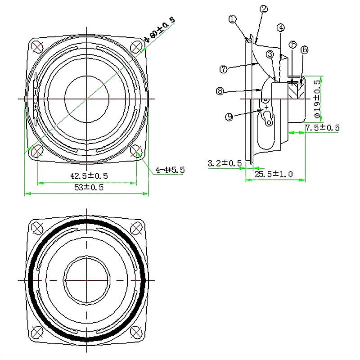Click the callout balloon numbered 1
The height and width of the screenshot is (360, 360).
(x=233, y=19)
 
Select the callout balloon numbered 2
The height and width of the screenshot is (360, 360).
(x=264, y=9)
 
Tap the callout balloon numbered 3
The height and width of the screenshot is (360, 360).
(x=270, y=54)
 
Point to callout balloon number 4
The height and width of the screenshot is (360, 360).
(x=280, y=28)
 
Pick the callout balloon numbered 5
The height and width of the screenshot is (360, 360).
(x=293, y=45)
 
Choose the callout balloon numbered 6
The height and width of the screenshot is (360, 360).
(x=305, y=49)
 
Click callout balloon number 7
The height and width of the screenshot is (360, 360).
(x=223, y=69)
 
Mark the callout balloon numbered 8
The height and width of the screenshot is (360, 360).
(x=220, y=91)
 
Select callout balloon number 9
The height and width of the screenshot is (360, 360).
(x=229, y=117)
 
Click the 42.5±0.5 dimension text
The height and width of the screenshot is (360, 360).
(x=89, y=176)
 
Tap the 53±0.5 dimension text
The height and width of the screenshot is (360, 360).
(x=89, y=187)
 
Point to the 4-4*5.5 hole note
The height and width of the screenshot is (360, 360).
(x=170, y=170)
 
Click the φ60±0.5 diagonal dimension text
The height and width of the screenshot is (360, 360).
(x=160, y=30)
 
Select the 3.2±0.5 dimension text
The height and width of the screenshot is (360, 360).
(x=225, y=163)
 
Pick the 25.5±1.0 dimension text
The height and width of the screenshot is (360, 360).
(x=274, y=174)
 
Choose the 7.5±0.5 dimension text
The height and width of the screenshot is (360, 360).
(x=323, y=128)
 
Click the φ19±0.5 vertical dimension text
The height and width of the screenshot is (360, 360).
(x=318, y=99)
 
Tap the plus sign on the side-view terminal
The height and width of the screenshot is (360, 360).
(x=266, y=107)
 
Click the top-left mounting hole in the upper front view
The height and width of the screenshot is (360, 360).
(x=37, y=47)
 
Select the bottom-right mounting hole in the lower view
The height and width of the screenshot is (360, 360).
(x=136, y=332)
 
